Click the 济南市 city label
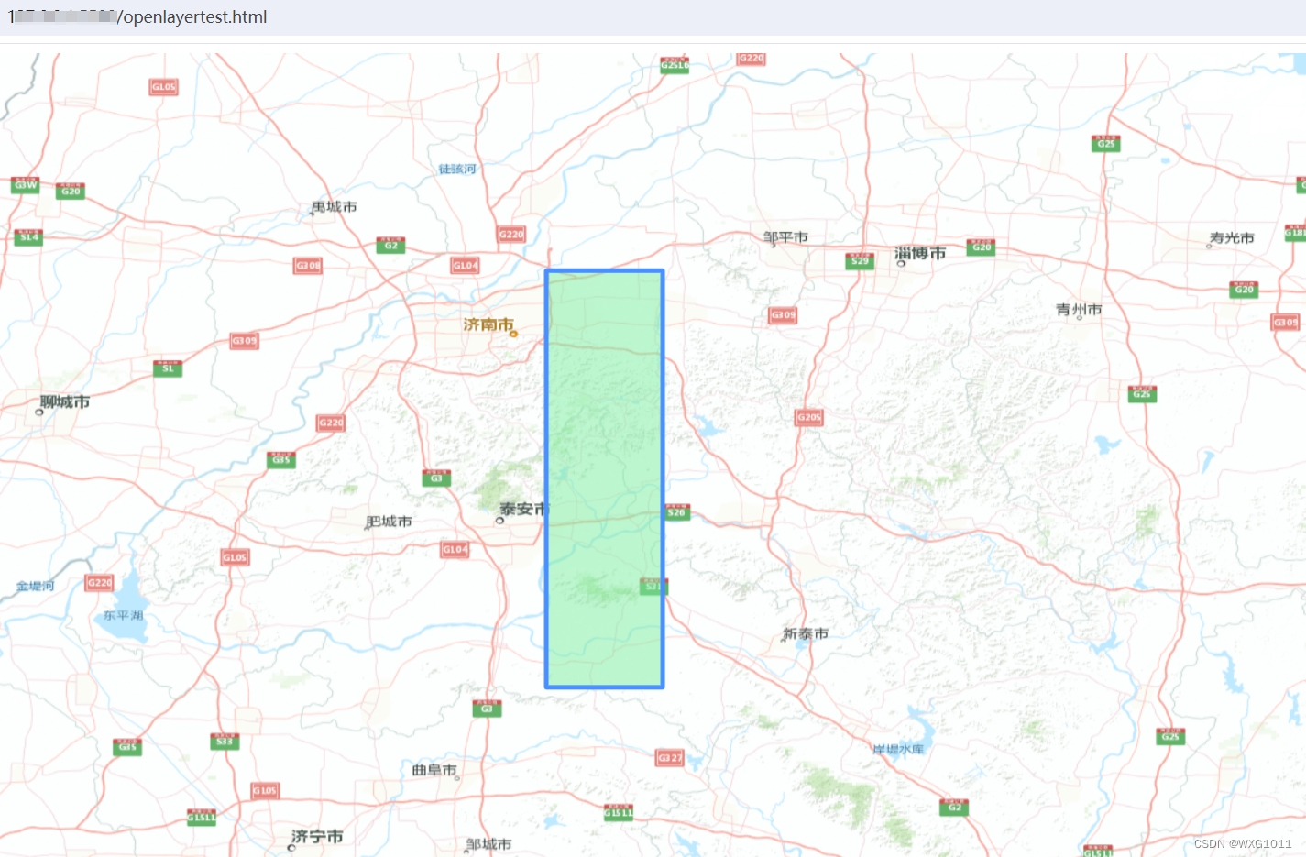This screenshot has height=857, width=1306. tap(488, 324)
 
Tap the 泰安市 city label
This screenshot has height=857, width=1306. tap(521, 509)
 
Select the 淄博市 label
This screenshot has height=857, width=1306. tap(919, 253)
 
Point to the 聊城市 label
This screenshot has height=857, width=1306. tap(64, 401)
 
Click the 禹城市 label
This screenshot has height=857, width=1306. tap(335, 207)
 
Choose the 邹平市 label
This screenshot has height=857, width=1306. tap(785, 237)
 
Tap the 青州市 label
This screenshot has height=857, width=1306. tap(1079, 310)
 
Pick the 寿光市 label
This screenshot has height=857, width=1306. tap(1232, 237)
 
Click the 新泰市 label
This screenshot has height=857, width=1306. tap(806, 633)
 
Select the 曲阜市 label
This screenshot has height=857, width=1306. tap(434, 770)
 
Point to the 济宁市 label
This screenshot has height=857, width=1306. tap(317, 836)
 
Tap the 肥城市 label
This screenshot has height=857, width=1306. tap(389, 522)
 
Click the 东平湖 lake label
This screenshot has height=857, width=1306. tap(123, 615)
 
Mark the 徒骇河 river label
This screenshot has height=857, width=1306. tap(456, 169)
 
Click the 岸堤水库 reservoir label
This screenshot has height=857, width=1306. tap(898, 749)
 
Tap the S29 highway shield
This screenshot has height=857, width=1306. tap(860, 260)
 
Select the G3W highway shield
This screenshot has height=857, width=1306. tap(26, 184)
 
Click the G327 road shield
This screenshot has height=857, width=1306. tap(670, 758)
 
